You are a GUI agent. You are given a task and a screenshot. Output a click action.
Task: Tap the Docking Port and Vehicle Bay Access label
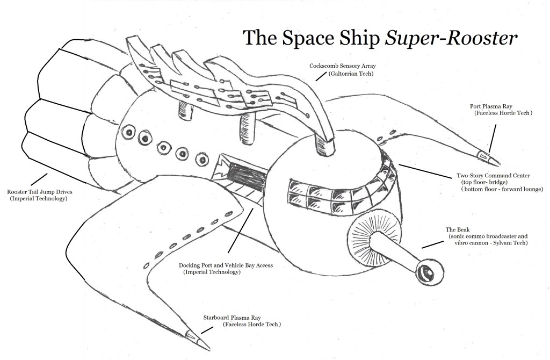[226, 265]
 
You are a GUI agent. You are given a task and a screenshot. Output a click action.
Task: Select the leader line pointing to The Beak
[433, 242]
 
